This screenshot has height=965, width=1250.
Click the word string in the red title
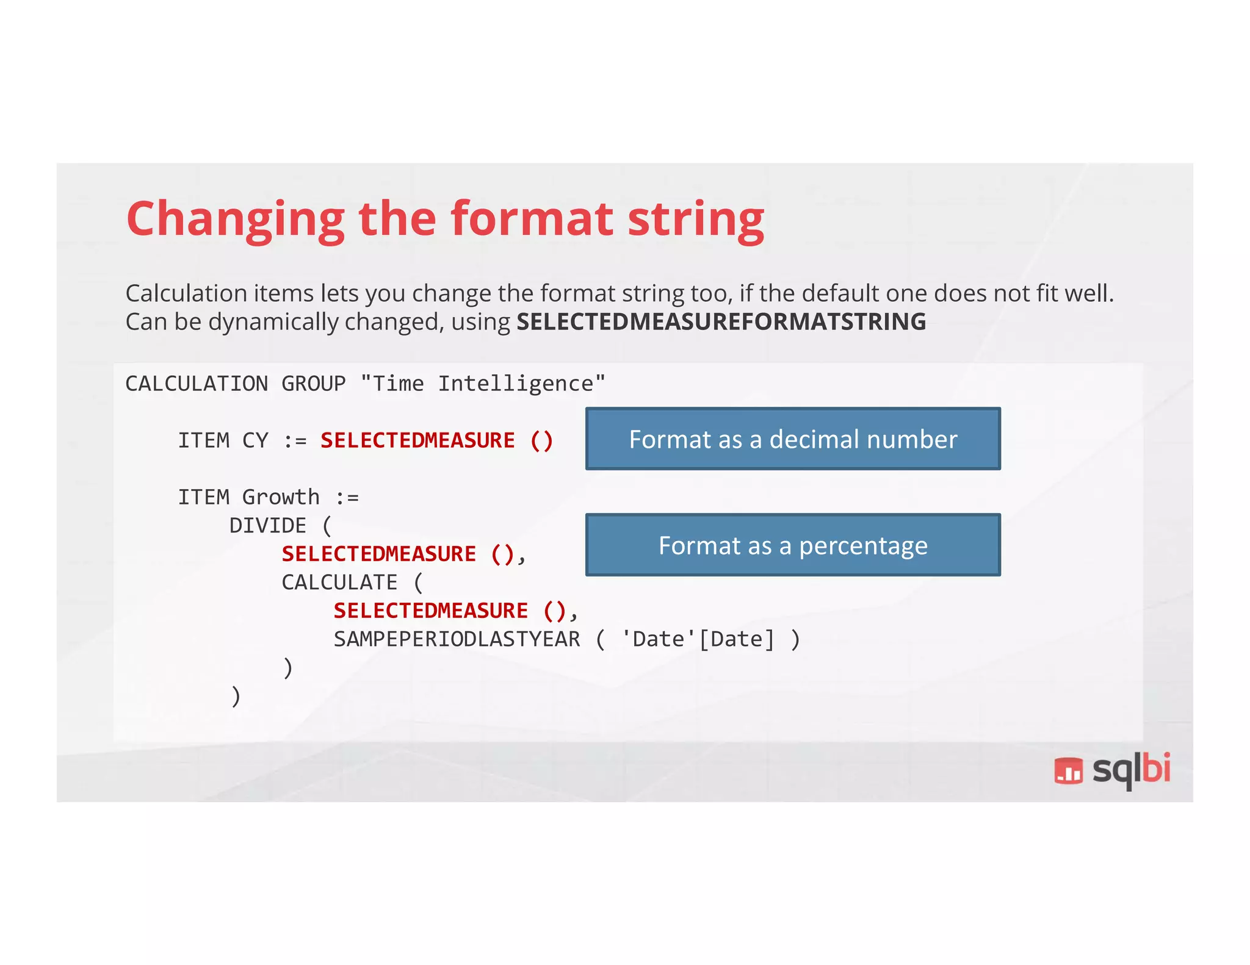coord(696,220)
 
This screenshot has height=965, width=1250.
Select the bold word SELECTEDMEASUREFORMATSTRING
coord(721,321)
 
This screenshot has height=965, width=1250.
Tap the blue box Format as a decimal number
coord(793,439)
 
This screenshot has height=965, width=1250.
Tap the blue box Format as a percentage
coord(793,545)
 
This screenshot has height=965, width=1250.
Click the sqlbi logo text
coord(1131,770)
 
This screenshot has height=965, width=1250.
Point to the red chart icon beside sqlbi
coord(1068,771)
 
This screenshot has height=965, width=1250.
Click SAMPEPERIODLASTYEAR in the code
coord(457,639)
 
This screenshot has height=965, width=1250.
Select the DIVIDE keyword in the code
coord(267,526)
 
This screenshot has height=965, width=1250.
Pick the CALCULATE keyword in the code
coord(339,583)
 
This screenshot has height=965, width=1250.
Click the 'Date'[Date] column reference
coord(698,639)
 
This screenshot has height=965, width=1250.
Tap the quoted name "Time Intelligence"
coord(483,384)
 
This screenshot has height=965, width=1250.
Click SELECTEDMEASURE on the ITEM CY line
coord(417,440)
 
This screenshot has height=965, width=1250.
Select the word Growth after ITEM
coord(281,497)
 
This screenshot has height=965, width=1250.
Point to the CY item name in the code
coord(255,440)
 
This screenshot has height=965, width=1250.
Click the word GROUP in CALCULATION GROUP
coord(313,384)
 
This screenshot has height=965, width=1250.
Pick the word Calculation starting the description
coord(186,293)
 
